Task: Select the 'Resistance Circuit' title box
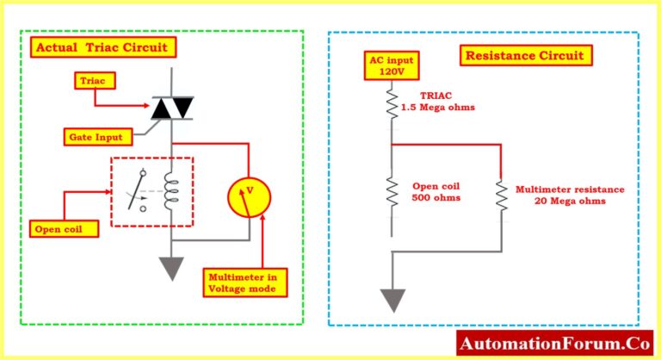coord(524,57)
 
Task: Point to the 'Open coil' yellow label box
coord(62,229)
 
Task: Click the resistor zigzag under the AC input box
coord(391,104)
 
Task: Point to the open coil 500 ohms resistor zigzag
coord(391,193)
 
